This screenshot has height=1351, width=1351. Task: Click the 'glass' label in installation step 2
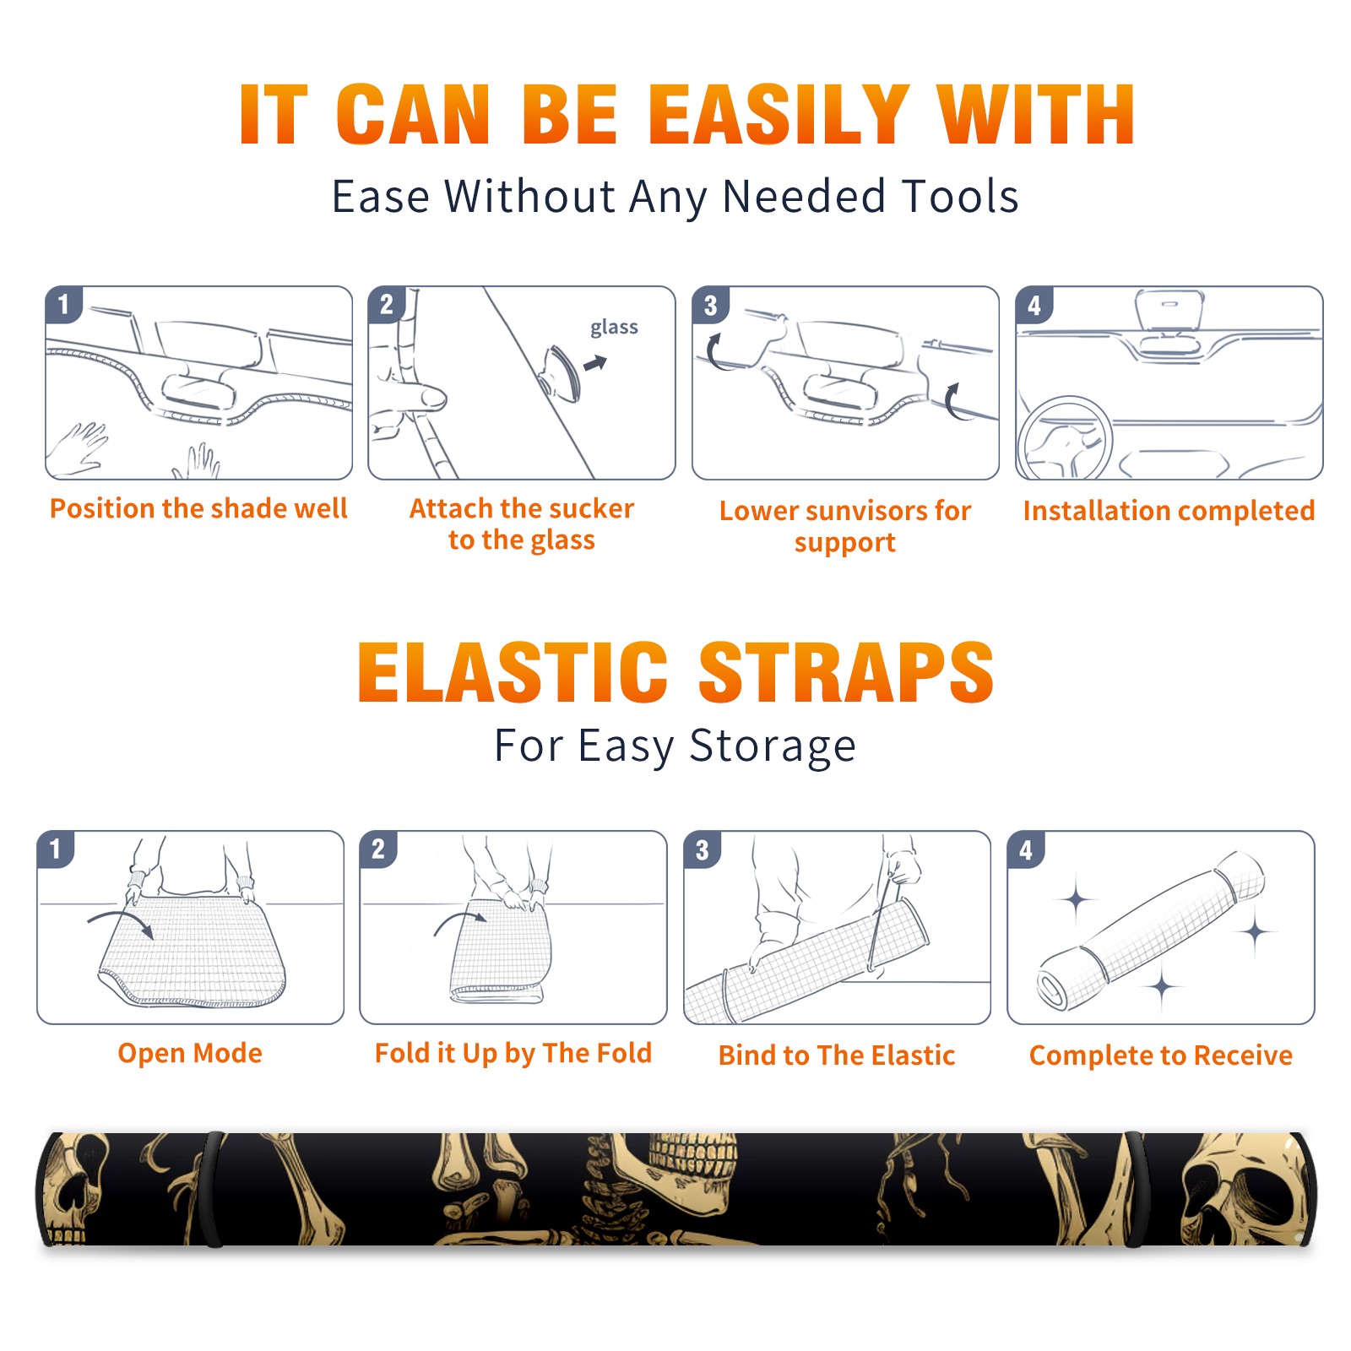coord(614,328)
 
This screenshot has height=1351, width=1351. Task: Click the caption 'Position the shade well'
coord(198,508)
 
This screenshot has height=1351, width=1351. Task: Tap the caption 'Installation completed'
coord(1169,510)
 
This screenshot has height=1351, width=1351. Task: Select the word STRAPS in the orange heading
coord(846,672)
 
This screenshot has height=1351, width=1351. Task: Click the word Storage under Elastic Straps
coord(773,746)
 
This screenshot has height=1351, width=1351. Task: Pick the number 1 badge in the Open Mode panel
coord(56,849)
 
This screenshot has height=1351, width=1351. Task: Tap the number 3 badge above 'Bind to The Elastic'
coord(702,849)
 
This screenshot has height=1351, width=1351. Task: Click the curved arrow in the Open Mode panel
coord(121,923)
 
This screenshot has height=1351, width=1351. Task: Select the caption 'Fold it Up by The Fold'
coord(513,1053)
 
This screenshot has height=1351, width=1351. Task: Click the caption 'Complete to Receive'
coord(1161,1055)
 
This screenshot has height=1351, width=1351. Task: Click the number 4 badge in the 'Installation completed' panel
coord(1034,305)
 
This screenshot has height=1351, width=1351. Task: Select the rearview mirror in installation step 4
coord(1169,310)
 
